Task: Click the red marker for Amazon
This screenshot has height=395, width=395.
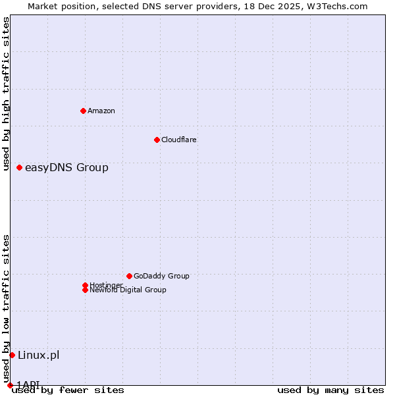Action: coord(83,111)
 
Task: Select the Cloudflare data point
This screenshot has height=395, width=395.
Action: coord(157,140)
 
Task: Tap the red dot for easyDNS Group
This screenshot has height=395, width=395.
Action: coord(19,167)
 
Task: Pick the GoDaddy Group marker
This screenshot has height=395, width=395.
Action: coord(129,276)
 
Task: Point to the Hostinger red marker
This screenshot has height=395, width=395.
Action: coord(85,285)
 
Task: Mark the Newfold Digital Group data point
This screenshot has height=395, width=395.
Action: coord(85,290)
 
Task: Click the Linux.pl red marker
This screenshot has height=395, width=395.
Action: coord(12,355)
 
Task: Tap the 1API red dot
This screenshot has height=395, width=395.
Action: coord(10,385)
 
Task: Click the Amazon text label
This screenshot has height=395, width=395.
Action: coord(101,111)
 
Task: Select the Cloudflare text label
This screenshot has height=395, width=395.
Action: coord(179,140)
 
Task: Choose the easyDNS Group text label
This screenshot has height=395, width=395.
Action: coord(66,167)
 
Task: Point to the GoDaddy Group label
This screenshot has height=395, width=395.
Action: coord(161,276)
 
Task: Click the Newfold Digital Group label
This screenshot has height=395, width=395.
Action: coord(128,290)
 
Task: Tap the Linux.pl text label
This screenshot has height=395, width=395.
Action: coord(38,355)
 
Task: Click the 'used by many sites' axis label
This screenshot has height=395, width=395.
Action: coord(330,390)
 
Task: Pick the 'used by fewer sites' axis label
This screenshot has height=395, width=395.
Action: coord(68,390)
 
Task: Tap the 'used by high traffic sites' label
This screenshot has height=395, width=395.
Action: coord(6,94)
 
